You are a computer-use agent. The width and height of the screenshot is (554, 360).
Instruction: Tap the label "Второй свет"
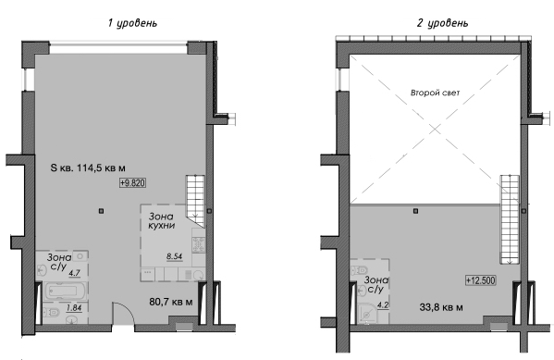pos(435,94)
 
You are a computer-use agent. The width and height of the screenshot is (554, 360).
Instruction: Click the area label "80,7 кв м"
pos(172,301)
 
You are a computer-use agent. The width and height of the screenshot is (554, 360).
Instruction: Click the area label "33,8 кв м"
pos(442,307)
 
